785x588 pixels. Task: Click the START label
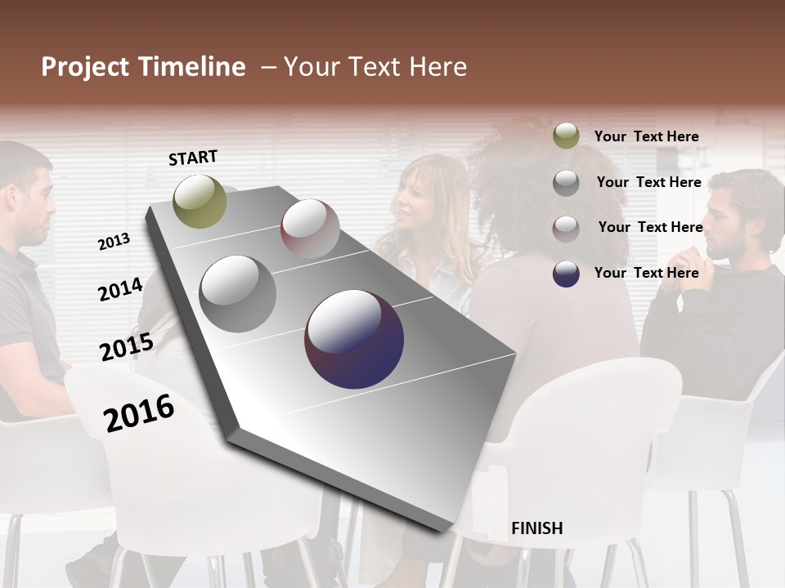tap(193, 158)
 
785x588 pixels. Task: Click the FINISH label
tap(536, 528)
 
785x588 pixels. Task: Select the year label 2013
tap(114, 242)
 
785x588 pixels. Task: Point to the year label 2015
tap(126, 346)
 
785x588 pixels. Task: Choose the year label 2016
tap(139, 412)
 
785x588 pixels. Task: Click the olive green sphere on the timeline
tap(200, 201)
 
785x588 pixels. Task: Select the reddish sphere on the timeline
tap(310, 229)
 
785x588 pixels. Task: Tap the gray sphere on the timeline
tap(237, 294)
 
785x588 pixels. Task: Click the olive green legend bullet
tap(566, 136)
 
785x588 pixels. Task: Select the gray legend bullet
tap(566, 183)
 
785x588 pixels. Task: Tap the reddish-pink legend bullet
tap(566, 228)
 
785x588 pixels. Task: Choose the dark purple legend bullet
tap(566, 274)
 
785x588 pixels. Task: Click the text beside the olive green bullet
tap(646, 136)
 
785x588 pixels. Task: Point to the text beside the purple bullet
tap(646, 273)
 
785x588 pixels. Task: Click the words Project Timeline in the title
tap(143, 67)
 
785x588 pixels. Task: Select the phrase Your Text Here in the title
tap(375, 67)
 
